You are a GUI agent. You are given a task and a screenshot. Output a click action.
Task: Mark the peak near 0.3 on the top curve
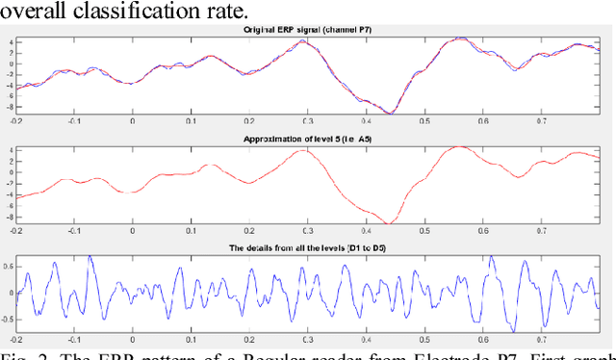click(304, 41)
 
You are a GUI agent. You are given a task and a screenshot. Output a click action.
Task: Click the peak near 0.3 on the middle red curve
click(304, 150)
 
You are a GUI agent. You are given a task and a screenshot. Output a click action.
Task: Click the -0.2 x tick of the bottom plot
click(16, 340)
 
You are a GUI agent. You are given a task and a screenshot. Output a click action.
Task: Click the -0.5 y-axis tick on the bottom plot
click(7, 317)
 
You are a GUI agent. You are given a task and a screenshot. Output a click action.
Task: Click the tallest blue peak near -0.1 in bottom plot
click(90, 257)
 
